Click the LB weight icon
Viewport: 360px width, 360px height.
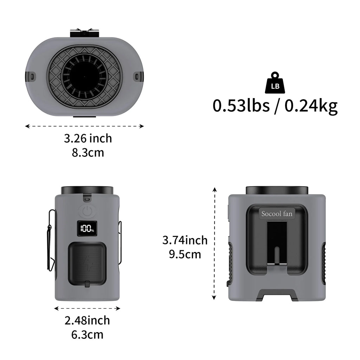coord(275,83)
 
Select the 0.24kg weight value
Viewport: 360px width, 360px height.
coord(311,106)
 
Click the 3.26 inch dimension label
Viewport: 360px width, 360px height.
coord(88,138)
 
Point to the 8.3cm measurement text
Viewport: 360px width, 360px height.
coord(88,153)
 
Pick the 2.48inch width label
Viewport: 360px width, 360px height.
coord(87,320)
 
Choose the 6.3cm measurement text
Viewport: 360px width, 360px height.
coord(87,335)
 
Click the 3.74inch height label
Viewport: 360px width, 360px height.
coord(185,240)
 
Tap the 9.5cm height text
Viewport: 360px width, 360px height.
coord(185,255)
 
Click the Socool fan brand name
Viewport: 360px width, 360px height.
coord(277,214)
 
